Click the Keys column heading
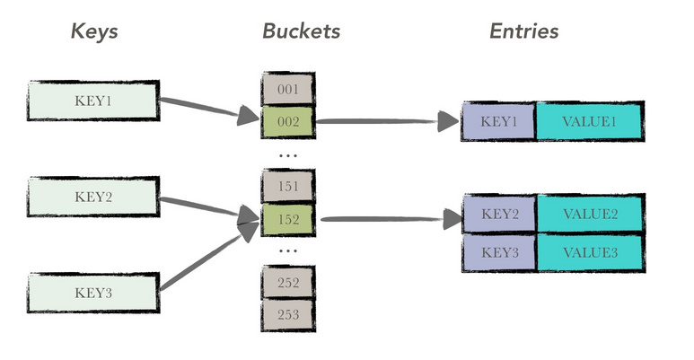click(x=94, y=31)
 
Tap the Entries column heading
click(x=523, y=31)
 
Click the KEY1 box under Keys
click(x=93, y=100)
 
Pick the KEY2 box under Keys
click(x=93, y=197)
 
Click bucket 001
click(x=287, y=89)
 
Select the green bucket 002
click(x=287, y=120)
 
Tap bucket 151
click(x=287, y=186)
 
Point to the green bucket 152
click(x=287, y=218)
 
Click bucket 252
click(x=287, y=282)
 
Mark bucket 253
click(x=287, y=314)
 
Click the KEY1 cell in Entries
click(x=498, y=121)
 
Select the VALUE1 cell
click(x=589, y=121)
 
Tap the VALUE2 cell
click(x=590, y=214)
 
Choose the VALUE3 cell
click(x=590, y=252)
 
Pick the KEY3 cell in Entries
click(x=499, y=252)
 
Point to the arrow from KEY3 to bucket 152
click(x=206, y=259)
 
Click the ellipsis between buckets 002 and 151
click(x=287, y=154)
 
